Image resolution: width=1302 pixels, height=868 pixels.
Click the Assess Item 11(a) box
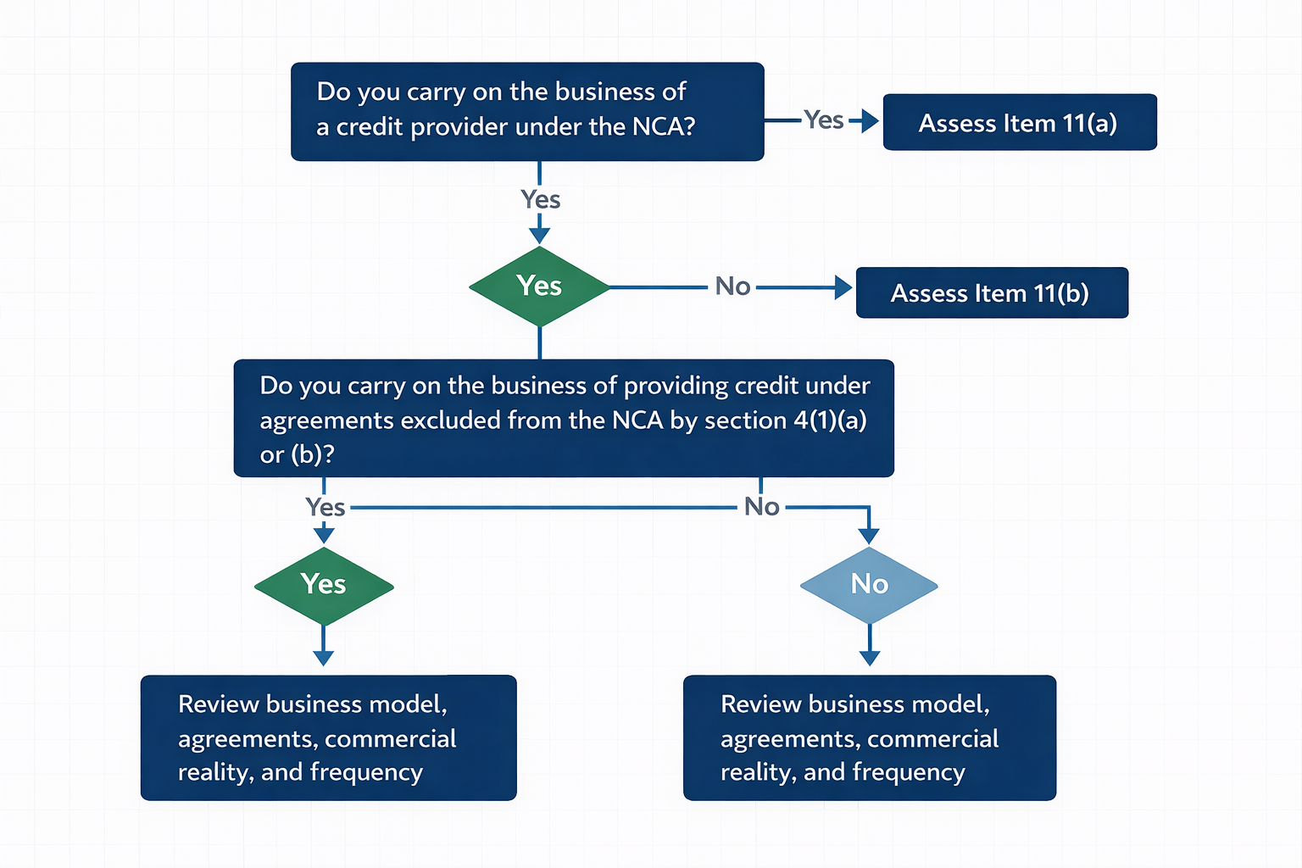(x=1019, y=123)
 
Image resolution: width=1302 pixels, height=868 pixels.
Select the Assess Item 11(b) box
(x=991, y=293)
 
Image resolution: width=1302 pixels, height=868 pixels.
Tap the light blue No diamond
(x=869, y=584)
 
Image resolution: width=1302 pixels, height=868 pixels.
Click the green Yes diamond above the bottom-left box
(x=324, y=585)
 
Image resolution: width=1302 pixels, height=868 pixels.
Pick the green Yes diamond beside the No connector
(x=539, y=287)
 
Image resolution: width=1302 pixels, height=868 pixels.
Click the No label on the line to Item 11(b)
(x=732, y=287)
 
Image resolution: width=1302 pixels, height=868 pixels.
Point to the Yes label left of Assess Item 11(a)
(x=823, y=120)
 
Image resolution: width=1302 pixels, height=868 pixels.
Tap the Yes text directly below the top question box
(x=540, y=200)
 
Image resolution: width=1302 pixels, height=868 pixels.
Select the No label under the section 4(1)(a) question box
(x=761, y=507)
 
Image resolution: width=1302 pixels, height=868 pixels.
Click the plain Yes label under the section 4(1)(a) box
(x=325, y=508)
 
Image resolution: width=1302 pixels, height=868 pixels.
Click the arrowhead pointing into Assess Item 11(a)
(x=871, y=121)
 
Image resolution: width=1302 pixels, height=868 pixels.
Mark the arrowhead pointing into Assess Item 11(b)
(x=843, y=287)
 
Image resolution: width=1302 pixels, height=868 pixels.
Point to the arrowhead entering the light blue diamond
(x=869, y=536)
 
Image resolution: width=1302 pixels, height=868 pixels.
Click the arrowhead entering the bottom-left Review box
(x=324, y=658)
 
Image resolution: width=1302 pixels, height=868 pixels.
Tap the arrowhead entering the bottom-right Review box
(x=870, y=658)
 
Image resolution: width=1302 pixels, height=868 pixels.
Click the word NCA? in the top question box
(x=663, y=127)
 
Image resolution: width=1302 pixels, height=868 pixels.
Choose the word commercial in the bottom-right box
(x=932, y=739)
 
